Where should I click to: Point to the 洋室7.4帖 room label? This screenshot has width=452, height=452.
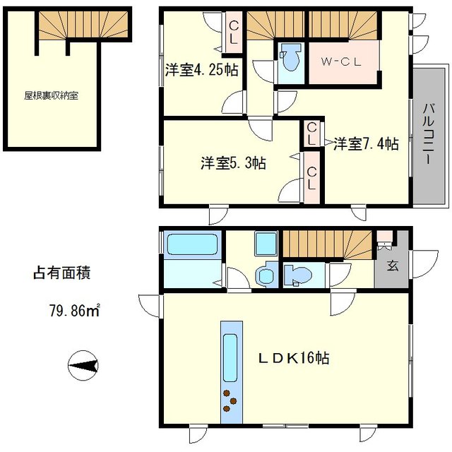366,143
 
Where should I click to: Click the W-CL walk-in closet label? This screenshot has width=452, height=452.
341,61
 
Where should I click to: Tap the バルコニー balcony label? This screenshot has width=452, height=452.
428,135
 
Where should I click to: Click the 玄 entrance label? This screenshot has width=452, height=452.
391,267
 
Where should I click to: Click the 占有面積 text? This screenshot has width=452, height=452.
63,272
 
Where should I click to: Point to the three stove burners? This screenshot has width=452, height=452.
230,399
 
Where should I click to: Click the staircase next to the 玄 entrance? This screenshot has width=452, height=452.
324,245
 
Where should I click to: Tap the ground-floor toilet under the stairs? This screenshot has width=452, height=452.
295,273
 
